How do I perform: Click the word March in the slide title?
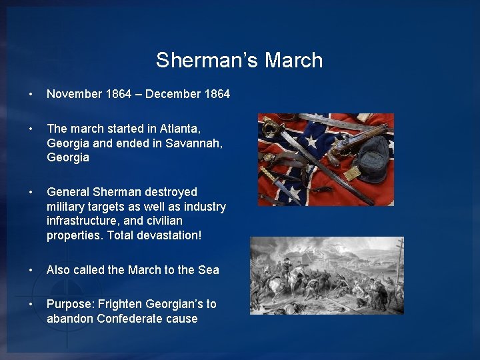[x=293, y=60]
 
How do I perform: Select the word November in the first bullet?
[x=74, y=94]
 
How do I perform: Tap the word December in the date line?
[x=171, y=94]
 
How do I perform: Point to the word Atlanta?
[x=178, y=128]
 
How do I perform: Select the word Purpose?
[x=70, y=304]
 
